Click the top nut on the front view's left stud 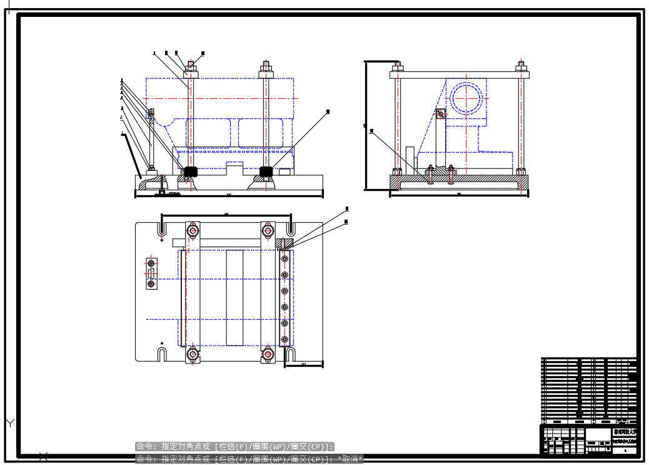[x=191, y=67]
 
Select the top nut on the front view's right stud [x=266, y=67]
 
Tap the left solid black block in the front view [x=191, y=171]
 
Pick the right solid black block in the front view [x=266, y=171]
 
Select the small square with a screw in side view [x=441, y=114]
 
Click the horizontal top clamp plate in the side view [x=460, y=74]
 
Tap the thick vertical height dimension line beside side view [x=365, y=125]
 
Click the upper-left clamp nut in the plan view [x=193, y=231]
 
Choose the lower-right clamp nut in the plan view [x=268, y=354]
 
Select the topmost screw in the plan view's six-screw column [x=284, y=258]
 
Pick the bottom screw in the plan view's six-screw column [x=284, y=339]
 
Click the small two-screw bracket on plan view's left [x=151, y=273]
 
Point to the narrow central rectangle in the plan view [x=234, y=297]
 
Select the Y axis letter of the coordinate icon [x=10, y=424]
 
